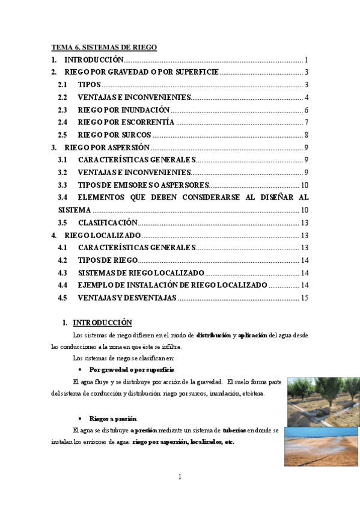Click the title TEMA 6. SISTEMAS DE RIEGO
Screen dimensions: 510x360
pyautogui.click(x=104, y=47)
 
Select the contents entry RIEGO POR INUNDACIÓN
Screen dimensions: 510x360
pyautogui.click(x=123, y=110)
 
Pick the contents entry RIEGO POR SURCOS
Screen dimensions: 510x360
pyautogui.click(x=114, y=135)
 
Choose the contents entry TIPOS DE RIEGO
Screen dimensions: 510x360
pyautogui.click(x=108, y=260)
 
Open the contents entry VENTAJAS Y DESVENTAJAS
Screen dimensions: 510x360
pyautogui.click(x=127, y=297)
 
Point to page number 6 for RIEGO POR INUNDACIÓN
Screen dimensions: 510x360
pyautogui.click(x=306, y=110)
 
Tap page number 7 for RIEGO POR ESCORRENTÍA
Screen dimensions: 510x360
pyautogui.click(x=306, y=123)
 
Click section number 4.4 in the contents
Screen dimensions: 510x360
pyautogui.click(x=63, y=285)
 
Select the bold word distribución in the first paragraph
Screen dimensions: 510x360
pyautogui.click(x=213, y=334)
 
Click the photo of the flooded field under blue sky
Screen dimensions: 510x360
pyautogui.click(x=322, y=446)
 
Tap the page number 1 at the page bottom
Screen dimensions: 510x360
pyautogui.click(x=180, y=478)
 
